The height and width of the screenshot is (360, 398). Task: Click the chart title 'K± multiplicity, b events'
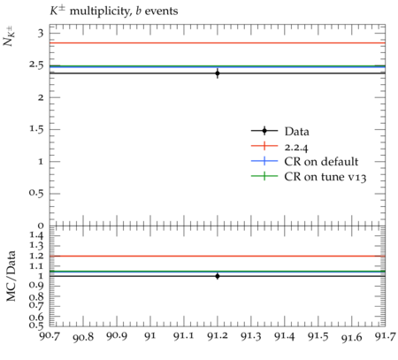[114, 11]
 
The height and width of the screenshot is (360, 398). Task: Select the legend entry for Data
[280, 131]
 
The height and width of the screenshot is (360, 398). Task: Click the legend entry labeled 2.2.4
[279, 146]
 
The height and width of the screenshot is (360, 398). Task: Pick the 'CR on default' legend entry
[304, 161]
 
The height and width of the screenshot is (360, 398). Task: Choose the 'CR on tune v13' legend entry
[309, 176]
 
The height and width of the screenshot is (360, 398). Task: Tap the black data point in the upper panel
[218, 73]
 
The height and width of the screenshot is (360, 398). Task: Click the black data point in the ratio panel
[218, 276]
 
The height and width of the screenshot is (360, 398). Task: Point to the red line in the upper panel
[218, 43]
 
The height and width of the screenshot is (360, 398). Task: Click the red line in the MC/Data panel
[218, 256]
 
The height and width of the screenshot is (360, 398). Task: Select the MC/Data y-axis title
[11, 276]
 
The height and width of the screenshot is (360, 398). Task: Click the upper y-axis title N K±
[9, 37]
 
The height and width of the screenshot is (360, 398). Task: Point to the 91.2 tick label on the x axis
[218, 336]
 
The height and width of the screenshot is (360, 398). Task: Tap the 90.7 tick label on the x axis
[50, 336]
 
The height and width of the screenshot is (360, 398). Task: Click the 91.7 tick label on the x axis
[385, 336]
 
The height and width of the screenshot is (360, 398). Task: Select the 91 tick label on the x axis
[150, 336]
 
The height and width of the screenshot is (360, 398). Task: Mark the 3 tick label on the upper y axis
[41, 33]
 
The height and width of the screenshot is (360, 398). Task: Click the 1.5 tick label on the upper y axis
[36, 129]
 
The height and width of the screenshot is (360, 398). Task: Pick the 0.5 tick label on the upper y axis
[36, 194]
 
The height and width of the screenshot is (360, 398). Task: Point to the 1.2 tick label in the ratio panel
[36, 256]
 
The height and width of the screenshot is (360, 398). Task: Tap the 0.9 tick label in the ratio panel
[36, 286]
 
